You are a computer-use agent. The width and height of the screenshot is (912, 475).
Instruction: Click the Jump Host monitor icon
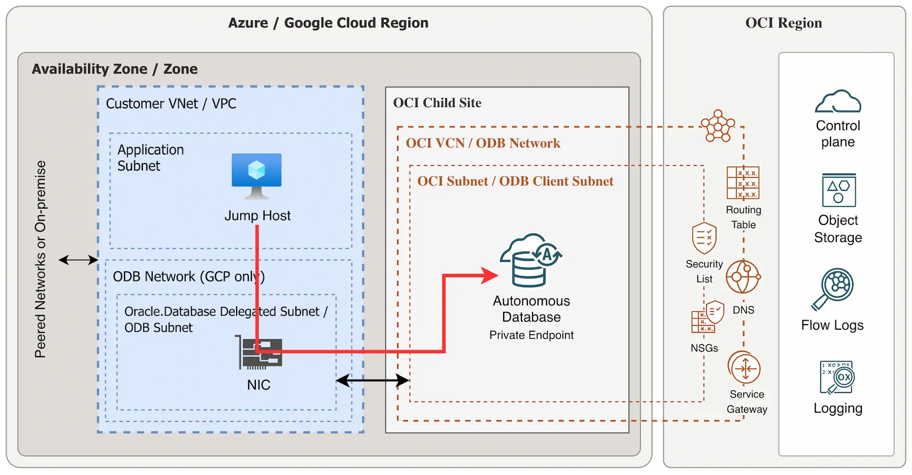pos(256,174)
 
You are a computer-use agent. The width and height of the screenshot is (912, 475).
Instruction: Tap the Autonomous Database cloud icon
pos(530,260)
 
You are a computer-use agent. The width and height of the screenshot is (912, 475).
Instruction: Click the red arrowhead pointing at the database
pos(488,275)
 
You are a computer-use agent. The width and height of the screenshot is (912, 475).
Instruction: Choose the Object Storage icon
pos(839,190)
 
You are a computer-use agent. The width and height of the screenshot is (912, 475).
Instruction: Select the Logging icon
pos(837,377)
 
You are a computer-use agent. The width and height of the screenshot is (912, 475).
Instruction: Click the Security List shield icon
pos(704,238)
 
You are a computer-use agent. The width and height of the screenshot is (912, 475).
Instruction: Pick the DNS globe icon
pos(743,277)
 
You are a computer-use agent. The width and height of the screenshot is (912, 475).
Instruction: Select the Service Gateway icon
pos(744,368)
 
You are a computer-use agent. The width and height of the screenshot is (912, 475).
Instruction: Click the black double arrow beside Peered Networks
pos(78,260)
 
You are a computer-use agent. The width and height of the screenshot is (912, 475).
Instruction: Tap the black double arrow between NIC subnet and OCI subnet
pos(372,380)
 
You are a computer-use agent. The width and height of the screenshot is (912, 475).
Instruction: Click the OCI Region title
pos(783,23)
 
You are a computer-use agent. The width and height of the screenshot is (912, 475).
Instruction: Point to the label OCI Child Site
pos(437,103)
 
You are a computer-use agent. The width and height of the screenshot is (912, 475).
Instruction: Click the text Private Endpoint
pos(531,335)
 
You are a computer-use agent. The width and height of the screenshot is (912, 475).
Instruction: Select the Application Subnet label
pos(150,157)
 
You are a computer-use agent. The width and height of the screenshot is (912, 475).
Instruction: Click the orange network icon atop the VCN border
pos(717,126)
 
